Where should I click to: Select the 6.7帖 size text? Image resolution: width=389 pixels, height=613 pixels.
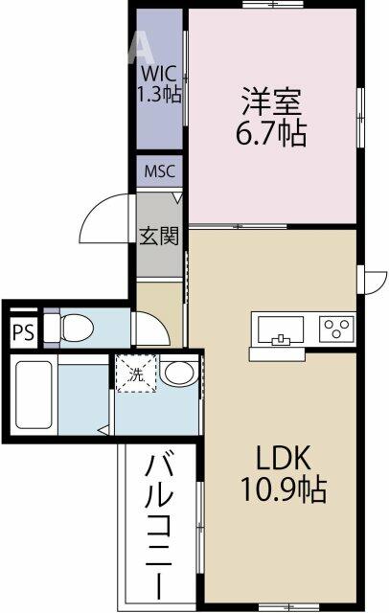[274, 134]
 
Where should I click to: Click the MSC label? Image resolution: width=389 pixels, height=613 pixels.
[160, 171]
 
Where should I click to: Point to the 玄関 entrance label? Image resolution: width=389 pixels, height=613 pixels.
[159, 236]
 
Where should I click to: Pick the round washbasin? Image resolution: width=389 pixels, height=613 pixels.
[176, 372]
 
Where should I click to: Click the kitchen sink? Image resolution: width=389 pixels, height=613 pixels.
[279, 328]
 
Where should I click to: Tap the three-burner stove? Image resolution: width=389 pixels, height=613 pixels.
[335, 328]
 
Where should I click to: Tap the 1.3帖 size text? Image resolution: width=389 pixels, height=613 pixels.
[159, 95]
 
